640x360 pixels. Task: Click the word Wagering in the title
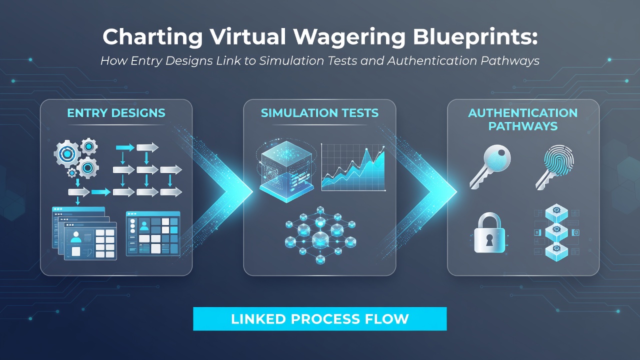point(349,37)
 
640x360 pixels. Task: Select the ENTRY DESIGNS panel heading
point(116,113)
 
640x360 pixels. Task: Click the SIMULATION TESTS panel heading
point(319,113)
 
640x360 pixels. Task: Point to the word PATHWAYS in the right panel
point(523,126)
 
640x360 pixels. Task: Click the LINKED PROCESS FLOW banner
point(319,319)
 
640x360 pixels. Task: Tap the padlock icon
point(489,232)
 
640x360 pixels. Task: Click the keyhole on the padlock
point(489,240)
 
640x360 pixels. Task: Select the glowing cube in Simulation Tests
point(286,171)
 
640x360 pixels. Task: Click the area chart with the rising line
point(353,167)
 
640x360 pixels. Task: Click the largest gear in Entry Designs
point(67,154)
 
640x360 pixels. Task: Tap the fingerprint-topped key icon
point(555,167)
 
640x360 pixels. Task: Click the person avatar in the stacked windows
point(75,237)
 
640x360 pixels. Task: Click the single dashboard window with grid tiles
point(153,233)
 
